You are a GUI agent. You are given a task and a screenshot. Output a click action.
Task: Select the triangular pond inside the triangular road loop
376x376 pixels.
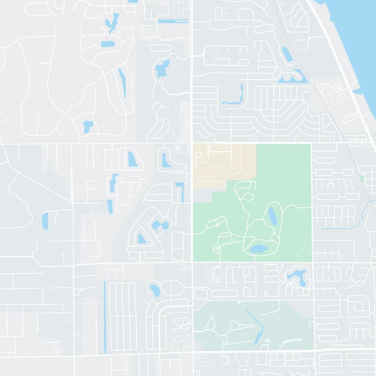coord(141,239)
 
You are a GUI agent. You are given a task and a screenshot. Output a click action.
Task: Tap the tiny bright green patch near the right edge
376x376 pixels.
coord(361,179)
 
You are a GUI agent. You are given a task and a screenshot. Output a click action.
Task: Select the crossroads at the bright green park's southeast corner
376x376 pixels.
coord(312,262)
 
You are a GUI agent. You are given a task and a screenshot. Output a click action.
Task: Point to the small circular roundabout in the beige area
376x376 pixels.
coord(208,153)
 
